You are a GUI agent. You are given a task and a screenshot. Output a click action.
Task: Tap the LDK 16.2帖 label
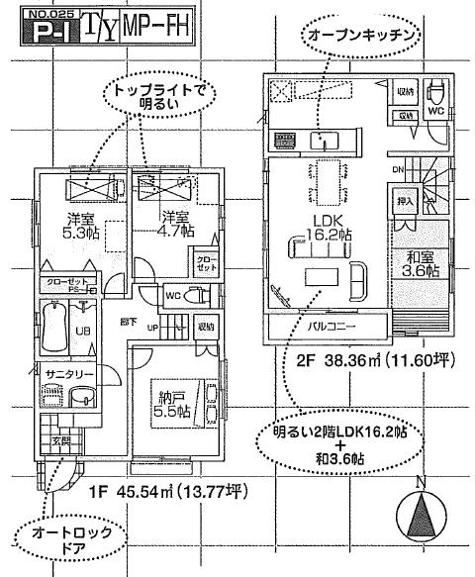point(329,228)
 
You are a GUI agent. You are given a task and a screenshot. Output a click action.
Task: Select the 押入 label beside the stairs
point(404,201)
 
